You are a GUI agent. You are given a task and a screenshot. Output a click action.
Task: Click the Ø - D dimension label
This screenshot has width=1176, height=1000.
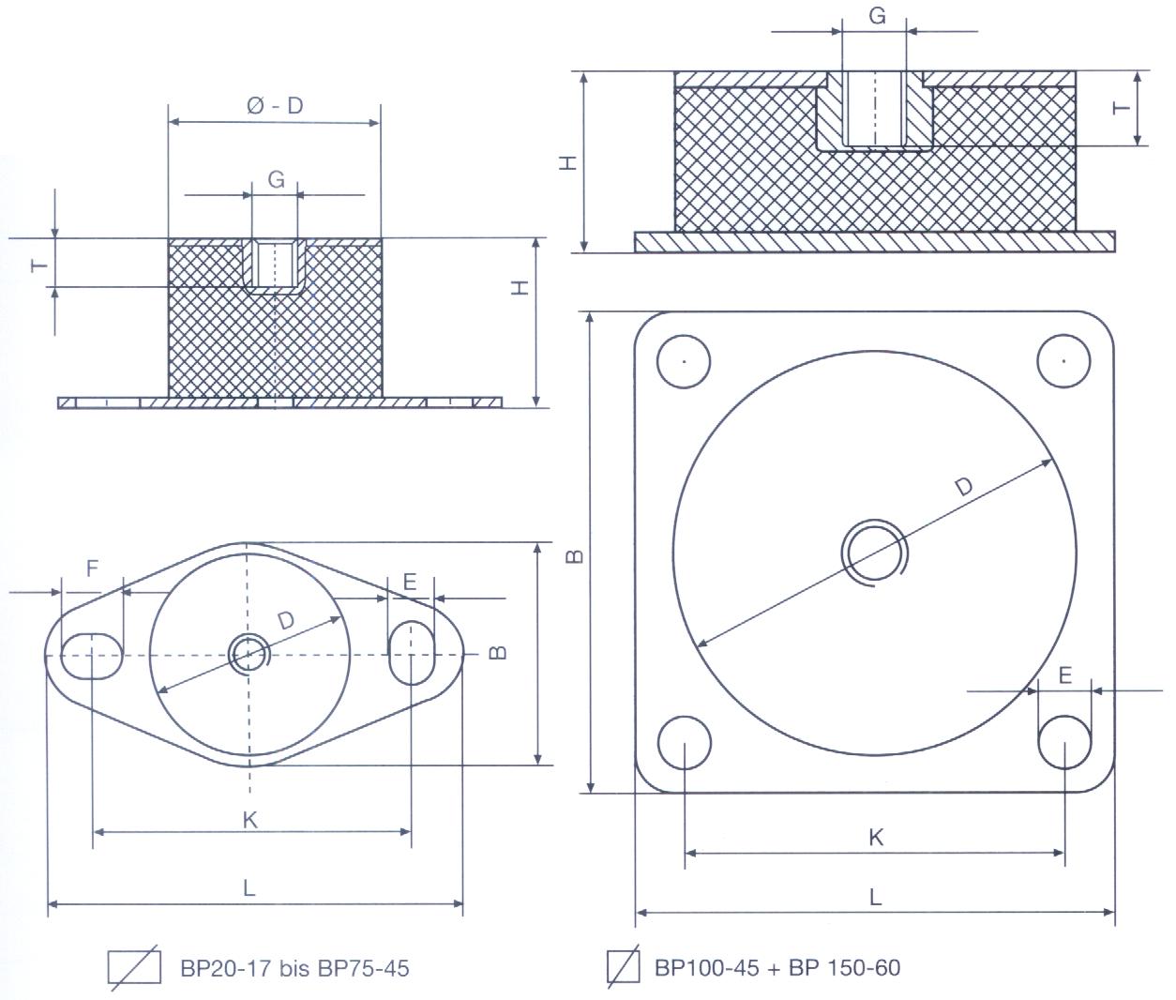coord(275,106)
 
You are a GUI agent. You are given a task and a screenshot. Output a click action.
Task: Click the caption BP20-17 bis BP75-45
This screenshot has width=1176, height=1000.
coord(294,967)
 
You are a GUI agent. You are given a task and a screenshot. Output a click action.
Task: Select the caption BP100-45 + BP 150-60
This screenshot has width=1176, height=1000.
coord(776,967)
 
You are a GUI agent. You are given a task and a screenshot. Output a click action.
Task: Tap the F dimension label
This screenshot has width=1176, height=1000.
coord(92,568)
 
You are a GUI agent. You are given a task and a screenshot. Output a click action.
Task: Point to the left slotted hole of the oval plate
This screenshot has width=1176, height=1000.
coord(92,655)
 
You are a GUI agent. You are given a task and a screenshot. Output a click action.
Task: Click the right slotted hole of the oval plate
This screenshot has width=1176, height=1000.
coord(411,654)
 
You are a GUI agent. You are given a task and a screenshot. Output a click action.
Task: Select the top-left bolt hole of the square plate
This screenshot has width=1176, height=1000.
coord(685,360)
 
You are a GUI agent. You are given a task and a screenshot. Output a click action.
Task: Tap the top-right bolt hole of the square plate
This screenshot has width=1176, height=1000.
coord(1064,359)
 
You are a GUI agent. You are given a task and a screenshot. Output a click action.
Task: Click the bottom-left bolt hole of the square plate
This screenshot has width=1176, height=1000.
coord(686,741)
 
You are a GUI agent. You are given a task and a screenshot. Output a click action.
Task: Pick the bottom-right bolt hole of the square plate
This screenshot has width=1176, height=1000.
coord(1064,741)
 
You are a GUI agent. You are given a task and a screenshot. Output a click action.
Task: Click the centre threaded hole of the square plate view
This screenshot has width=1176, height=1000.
coord(873,551)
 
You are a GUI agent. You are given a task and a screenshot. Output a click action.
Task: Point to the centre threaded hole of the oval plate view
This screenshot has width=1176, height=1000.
coord(249,653)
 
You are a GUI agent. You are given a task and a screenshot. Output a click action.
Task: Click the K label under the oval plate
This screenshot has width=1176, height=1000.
coord(249,820)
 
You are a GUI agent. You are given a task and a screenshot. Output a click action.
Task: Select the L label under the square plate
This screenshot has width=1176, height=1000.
coord(875,898)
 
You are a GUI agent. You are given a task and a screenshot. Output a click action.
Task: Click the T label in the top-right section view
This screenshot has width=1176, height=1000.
coord(1121,108)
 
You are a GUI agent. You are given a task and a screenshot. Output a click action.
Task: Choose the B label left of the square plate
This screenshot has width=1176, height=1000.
coord(577,556)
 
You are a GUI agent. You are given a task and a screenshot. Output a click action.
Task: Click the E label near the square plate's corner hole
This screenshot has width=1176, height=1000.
coord(1064,676)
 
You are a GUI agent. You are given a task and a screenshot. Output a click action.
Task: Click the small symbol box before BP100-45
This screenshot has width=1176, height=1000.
coord(622,967)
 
